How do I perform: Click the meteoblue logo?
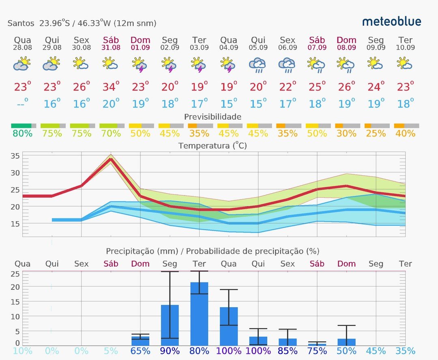[391, 22]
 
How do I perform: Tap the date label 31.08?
[111, 47]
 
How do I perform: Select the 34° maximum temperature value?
[111, 86]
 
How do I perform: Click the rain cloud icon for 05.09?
[258, 65]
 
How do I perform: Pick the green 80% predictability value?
[22, 133]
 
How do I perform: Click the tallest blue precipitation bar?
[199, 313]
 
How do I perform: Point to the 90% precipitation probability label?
[170, 351]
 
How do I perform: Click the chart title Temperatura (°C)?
[213, 145]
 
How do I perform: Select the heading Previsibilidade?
[213, 117]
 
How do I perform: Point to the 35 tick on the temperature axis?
[15, 156]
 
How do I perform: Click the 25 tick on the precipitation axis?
[15, 274]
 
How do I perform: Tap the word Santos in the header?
[21, 23]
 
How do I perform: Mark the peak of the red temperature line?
[111, 159]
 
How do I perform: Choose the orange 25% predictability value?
[376, 133]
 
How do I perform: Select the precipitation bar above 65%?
[140, 341]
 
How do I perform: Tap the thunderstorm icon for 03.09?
[199, 65]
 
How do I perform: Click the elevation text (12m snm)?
[135, 23]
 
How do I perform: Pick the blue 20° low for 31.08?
[111, 103]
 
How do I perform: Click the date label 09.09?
[376, 47]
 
